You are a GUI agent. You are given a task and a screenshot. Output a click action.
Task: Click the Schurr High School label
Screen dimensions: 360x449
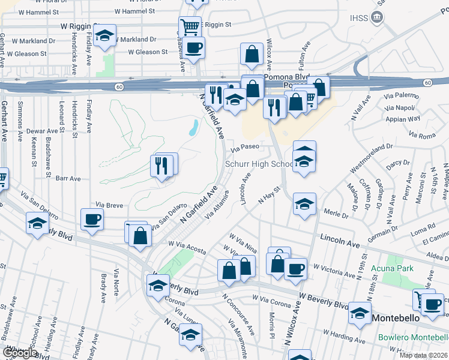tap(259, 164)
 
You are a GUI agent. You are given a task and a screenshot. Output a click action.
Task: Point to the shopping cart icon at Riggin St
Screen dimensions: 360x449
tap(189, 26)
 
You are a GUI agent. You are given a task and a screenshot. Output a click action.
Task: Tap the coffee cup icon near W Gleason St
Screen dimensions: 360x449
tap(193, 48)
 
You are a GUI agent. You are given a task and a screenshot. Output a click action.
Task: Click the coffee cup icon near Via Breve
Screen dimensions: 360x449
tap(92, 219)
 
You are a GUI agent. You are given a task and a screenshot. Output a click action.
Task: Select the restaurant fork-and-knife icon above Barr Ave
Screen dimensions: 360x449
tap(161, 165)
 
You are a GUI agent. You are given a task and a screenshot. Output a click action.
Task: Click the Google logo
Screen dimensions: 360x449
tap(19, 353)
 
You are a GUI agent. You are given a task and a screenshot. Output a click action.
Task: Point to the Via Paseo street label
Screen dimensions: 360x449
tap(245, 146)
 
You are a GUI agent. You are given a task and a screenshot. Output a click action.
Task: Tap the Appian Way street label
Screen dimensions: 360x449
tap(406, 119)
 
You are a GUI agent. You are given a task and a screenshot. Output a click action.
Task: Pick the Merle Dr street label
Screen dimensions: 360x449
tap(336, 213)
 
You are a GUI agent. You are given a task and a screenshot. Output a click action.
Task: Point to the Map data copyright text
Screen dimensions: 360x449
tap(423, 355)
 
